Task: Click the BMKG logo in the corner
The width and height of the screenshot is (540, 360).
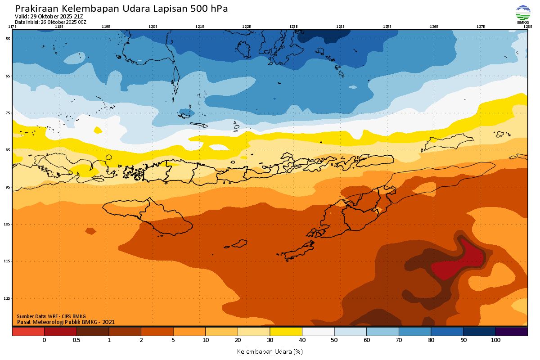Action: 523,14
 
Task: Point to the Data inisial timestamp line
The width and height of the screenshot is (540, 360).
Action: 50,22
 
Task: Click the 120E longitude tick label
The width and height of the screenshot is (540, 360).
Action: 153,27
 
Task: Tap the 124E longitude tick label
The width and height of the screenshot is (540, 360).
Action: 340,27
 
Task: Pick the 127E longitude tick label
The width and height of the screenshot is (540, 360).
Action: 481,27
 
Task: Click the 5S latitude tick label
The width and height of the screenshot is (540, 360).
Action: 8,39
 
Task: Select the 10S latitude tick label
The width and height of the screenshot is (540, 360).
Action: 7,224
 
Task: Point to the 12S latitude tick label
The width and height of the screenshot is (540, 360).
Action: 7,298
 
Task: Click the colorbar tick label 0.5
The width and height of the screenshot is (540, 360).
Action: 76,340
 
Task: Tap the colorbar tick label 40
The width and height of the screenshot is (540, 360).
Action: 302,340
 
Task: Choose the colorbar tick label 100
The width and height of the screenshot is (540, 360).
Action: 495,340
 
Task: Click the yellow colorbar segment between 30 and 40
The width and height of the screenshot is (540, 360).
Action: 286,332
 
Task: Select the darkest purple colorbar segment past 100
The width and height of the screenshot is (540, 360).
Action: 512,332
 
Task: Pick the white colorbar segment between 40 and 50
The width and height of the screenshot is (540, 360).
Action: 318,332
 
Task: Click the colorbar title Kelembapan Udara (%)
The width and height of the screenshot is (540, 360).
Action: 270,351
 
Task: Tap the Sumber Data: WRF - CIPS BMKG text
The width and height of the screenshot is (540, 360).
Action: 51,316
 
